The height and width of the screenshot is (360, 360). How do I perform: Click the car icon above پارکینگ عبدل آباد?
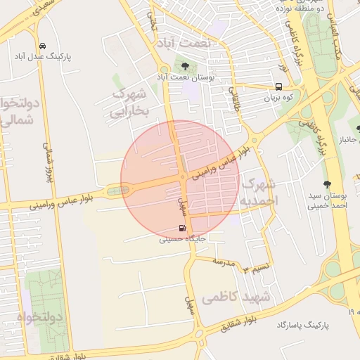(x=43, y=44)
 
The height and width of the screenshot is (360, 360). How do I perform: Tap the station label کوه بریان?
(x=277, y=98)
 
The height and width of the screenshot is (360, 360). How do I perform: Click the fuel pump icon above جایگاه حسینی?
(x=183, y=229)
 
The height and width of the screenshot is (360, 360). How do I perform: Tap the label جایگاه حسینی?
(x=182, y=239)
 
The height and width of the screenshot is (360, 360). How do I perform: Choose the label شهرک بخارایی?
(x=131, y=101)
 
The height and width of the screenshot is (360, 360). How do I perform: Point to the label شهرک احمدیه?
(x=260, y=192)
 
